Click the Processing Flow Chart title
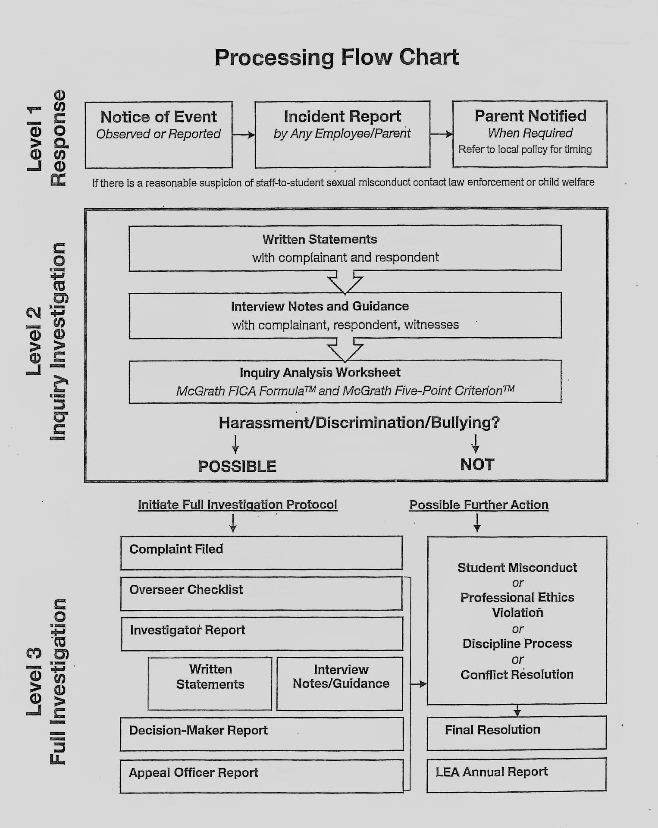(336, 57)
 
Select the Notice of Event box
(158, 135)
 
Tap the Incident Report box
(342, 134)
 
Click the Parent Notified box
(530, 134)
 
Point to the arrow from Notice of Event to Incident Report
(244, 135)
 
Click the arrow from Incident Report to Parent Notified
(441, 134)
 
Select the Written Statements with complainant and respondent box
(345, 248)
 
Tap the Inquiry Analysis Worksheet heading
(320, 373)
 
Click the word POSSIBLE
(237, 466)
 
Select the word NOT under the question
(477, 464)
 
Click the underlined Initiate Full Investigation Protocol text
(237, 505)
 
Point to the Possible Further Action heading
(479, 505)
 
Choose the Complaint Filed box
(261, 553)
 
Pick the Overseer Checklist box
(261, 593)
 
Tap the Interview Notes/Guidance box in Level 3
(340, 683)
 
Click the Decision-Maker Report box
(261, 734)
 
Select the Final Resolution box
(516, 733)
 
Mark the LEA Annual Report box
(516, 775)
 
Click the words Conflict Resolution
(517, 674)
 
